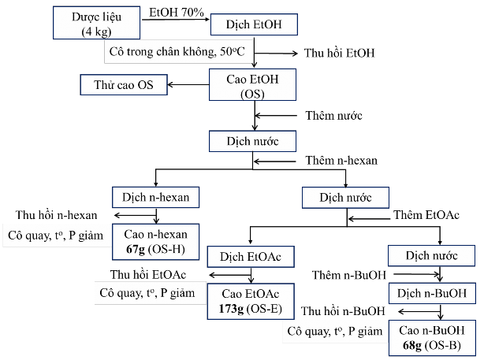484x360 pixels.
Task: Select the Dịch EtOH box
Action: pos(254,24)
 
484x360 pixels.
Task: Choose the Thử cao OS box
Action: pos(124,85)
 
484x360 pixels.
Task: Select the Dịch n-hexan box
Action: pos(155,196)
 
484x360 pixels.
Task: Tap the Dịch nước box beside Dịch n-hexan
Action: pos(345,196)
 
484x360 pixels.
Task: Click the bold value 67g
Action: pos(136,249)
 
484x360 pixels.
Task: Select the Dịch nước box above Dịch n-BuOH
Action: pos(431,256)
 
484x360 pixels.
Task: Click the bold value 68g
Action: pos(411,344)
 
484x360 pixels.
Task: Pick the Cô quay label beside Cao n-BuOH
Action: pos(336,331)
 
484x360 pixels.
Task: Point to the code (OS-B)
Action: pos(444,344)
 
